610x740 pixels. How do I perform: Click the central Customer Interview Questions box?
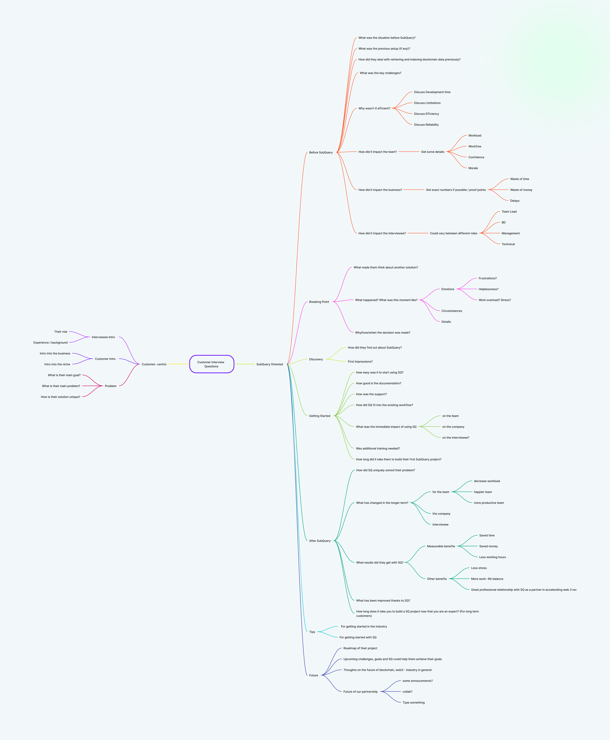pos(212,364)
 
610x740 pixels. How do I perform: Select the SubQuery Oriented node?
pos(269,364)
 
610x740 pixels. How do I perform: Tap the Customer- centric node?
pos(154,364)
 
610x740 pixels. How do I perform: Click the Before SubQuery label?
pos(321,152)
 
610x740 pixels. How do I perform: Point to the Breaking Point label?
pos(319,302)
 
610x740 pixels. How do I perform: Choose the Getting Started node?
pos(320,416)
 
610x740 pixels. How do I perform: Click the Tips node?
pos(312,632)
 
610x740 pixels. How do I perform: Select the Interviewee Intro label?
pos(103,337)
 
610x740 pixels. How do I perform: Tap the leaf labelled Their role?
pos(61,331)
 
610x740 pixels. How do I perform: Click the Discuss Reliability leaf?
pos(426,125)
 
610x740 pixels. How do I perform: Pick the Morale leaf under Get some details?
pos(473,168)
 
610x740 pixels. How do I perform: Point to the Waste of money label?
pos(521,190)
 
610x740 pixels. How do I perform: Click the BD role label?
pos(504,222)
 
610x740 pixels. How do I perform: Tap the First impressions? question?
pos(360,361)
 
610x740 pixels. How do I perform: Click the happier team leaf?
pos(483,492)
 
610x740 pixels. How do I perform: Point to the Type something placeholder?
pos(414,702)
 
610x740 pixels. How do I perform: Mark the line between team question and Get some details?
pos(409,152)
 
